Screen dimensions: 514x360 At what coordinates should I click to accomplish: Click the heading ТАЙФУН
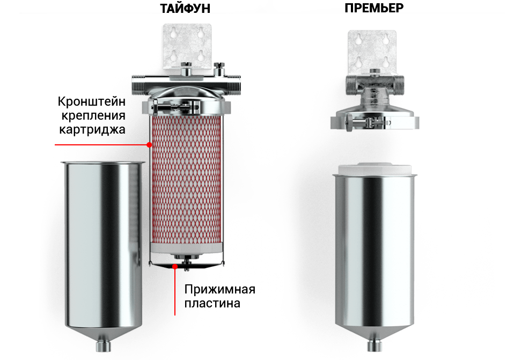click(x=185, y=8)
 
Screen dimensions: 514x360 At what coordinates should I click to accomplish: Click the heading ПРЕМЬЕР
click(x=374, y=8)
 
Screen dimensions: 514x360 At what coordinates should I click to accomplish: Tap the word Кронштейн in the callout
click(x=91, y=101)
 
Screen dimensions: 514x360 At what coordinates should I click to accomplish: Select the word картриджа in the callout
click(x=92, y=129)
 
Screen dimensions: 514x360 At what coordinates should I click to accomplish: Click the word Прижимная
click(x=219, y=290)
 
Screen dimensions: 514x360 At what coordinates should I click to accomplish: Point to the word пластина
click(x=212, y=303)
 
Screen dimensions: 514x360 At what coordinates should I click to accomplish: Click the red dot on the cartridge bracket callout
click(x=149, y=145)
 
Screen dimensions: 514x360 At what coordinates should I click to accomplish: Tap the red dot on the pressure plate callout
click(x=175, y=267)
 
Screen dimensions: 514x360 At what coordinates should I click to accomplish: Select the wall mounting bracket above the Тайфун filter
click(x=187, y=46)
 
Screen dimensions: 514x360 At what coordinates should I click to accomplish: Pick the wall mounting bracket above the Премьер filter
click(x=372, y=52)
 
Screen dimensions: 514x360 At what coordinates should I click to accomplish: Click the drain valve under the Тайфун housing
click(x=103, y=346)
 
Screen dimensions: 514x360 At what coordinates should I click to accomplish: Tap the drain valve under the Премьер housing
click(x=375, y=346)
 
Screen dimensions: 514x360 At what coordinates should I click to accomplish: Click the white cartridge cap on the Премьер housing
click(x=375, y=168)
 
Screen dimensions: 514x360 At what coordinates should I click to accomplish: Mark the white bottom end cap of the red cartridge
click(x=187, y=248)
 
